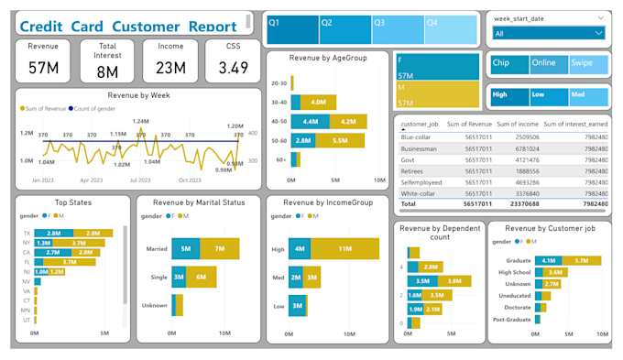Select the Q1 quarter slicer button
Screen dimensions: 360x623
[292, 29]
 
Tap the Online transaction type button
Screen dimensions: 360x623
[547, 64]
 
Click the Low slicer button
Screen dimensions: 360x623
[547, 95]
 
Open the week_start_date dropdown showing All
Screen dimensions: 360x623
[548, 33]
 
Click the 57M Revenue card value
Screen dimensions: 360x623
[43, 68]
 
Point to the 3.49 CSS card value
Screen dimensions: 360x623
[233, 68]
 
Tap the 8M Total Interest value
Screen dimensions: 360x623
[107, 72]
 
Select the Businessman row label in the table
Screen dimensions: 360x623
[421, 148]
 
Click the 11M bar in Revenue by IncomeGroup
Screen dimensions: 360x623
[344, 247]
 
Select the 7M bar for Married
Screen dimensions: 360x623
[219, 248]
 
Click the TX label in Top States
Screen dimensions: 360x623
[27, 234]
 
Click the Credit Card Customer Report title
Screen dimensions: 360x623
[128, 26]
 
